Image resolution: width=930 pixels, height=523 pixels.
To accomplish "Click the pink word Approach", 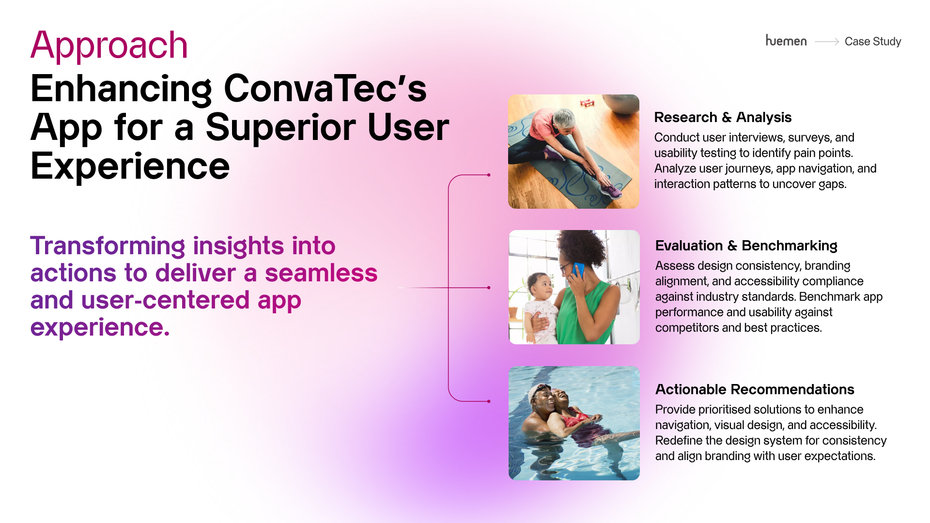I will [109, 45].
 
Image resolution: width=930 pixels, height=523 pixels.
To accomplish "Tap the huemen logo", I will [786, 41].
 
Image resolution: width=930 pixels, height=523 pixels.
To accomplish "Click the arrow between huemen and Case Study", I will [827, 42].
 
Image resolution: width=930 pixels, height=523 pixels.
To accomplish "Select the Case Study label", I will [873, 42].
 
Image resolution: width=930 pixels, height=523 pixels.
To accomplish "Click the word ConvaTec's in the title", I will [325, 89].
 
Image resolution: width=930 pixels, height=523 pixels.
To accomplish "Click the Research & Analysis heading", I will [723, 117].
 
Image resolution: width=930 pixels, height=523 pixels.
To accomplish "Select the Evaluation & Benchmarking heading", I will [746, 246].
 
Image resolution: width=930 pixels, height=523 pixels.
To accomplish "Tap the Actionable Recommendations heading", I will [755, 389].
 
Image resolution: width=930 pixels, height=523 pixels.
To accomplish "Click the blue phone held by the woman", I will [578, 270].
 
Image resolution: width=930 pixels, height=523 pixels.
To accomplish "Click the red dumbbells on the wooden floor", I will [588, 102].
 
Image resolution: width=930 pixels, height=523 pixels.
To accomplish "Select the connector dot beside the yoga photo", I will [489, 175].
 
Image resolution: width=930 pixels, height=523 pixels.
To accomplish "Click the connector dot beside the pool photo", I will [489, 401].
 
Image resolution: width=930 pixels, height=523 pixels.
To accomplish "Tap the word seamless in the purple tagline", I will [321, 273].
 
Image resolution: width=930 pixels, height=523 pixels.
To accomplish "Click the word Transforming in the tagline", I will [108, 246].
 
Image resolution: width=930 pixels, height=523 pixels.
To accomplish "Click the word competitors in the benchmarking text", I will [687, 328].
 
